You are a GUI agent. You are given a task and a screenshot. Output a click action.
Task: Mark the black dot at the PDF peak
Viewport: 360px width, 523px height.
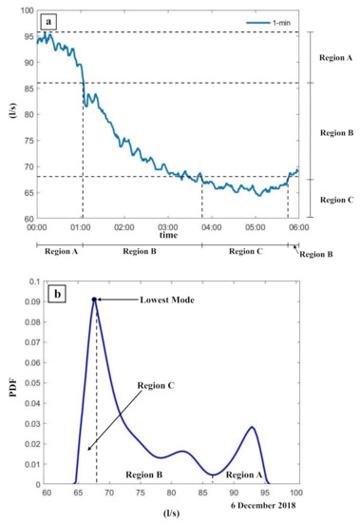[x=95, y=300]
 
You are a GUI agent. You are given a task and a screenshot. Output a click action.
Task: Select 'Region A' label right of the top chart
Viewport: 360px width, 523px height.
[x=335, y=58]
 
